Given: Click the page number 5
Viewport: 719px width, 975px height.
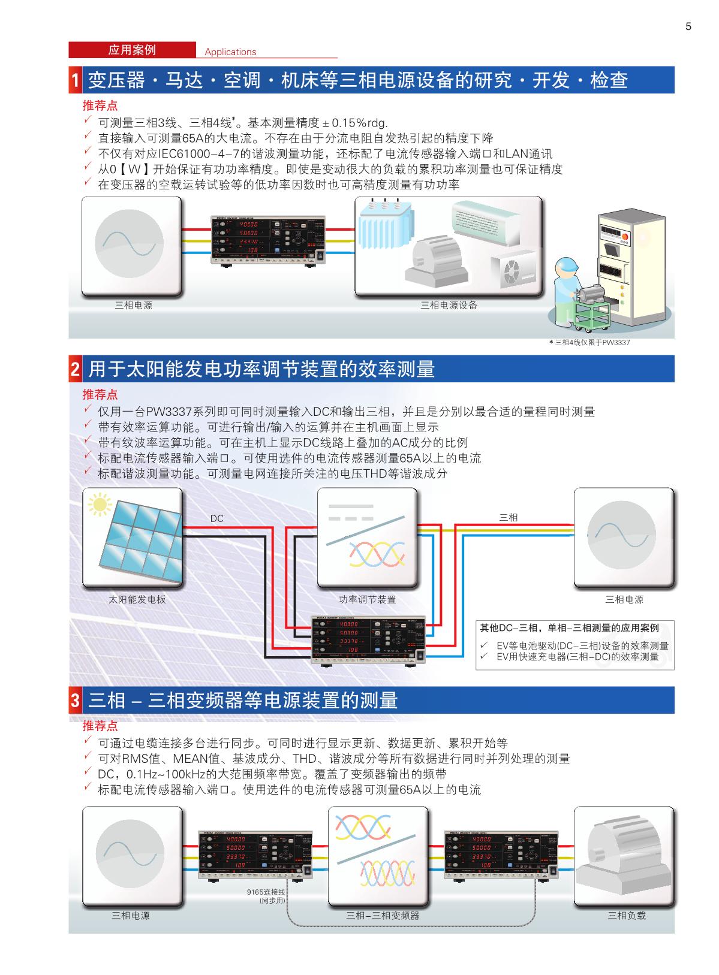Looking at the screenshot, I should pos(688,26).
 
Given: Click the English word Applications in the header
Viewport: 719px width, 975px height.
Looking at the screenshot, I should pos(230,52).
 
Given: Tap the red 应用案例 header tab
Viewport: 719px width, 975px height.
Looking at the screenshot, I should pos(132,50).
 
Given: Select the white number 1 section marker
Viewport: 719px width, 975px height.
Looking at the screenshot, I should pos(76,80).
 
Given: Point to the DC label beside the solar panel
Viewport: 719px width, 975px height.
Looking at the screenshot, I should pos(216,518).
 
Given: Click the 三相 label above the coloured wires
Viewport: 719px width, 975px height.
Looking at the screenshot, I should pos(509,517).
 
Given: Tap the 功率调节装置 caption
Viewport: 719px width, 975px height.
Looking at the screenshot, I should pos(367,599).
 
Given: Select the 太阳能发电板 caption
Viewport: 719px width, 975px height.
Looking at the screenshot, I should pos(137,599).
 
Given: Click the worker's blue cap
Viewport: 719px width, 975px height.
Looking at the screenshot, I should pos(565,264).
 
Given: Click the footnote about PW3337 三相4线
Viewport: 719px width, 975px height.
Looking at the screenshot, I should pos(589,343).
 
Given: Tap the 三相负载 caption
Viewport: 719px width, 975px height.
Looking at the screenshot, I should pos(627,916).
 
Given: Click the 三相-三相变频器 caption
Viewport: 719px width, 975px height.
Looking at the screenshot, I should pos(383,916).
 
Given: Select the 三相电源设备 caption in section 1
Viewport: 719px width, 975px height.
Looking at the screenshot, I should pos(449,305).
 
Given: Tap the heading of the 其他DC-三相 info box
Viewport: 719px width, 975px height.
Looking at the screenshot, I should pos(569,628).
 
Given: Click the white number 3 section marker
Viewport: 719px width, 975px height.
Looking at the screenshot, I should pos(76,701).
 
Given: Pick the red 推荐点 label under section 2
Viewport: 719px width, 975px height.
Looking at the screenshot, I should pos(100,395).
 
